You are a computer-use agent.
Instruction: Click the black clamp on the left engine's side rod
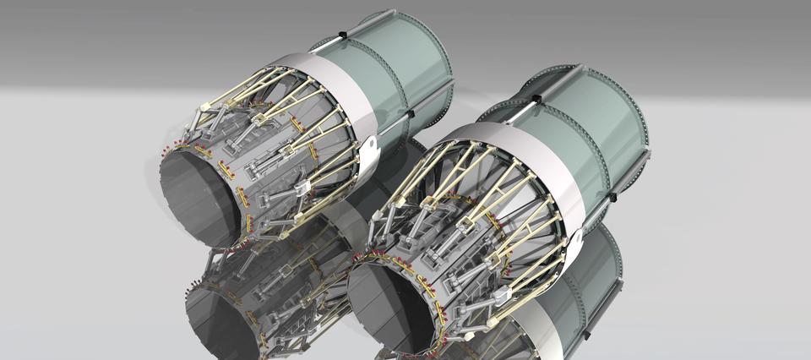[411, 113]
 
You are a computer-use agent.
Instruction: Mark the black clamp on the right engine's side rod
[612, 196]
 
